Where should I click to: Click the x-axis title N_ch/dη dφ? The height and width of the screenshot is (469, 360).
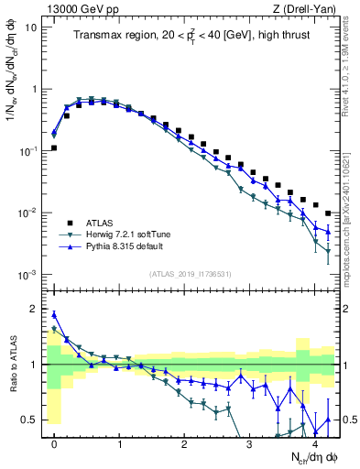coord(308,457)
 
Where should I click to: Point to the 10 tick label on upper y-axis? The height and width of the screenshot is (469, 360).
coord(30,27)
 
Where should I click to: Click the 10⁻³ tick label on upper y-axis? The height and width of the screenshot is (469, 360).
coord(28,276)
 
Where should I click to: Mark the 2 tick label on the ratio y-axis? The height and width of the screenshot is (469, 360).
coord(33,309)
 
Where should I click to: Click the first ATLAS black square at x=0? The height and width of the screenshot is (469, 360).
coord(54,147)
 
